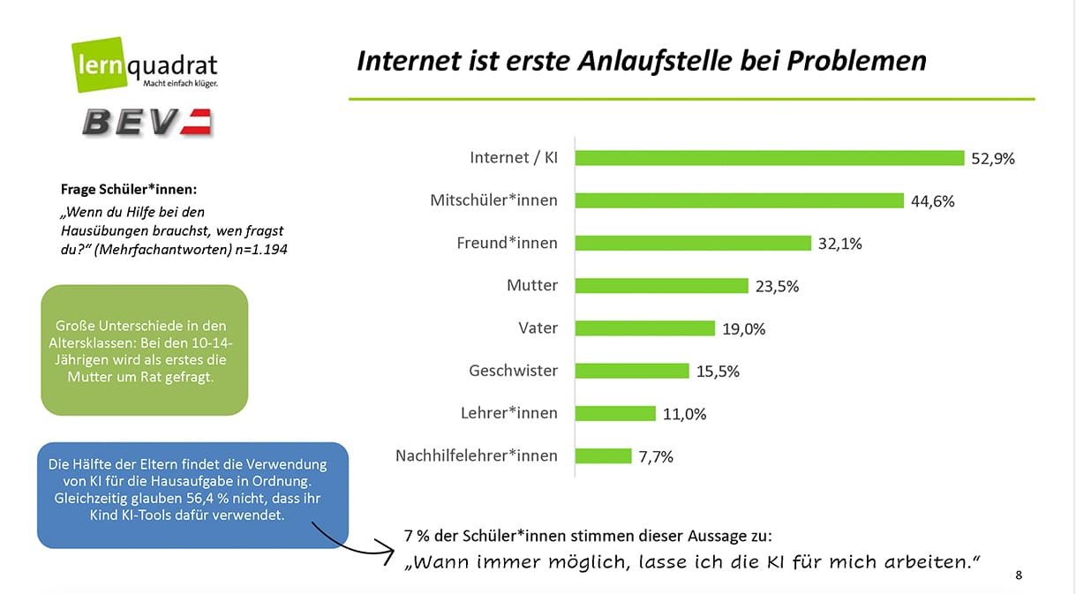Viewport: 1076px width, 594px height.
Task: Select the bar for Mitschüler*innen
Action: coord(740,200)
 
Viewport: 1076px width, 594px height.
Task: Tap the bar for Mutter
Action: coord(662,285)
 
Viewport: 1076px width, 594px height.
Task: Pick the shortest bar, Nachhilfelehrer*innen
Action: coord(604,455)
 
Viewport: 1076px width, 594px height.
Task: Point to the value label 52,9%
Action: coord(993,159)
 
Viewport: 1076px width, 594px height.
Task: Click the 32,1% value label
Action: coord(839,244)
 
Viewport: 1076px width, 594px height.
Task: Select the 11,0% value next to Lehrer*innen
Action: coord(684,414)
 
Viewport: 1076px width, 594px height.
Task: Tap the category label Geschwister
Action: coord(513,371)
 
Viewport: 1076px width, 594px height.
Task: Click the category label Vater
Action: coord(538,328)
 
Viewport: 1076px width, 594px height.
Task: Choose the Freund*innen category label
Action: coord(506,243)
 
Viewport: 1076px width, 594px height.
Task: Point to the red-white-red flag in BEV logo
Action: coord(197,121)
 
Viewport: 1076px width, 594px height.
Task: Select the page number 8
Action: coord(1020,575)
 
